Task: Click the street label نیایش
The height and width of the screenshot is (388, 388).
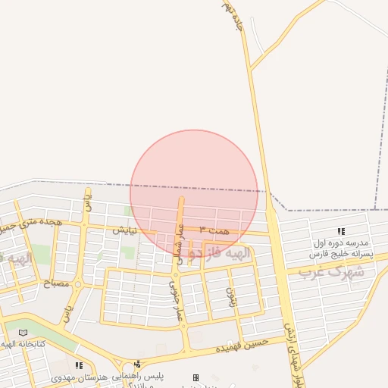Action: [126, 230]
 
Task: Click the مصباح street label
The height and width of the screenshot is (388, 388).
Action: [58, 283]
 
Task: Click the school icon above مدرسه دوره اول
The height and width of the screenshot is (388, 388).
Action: [341, 231]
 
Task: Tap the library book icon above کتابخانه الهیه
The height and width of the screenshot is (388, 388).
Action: [23, 333]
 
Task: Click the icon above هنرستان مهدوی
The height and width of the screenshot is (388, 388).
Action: [79, 365]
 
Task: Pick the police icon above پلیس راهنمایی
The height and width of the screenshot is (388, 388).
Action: [136, 365]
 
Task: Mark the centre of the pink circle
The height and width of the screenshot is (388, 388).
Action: [194, 192]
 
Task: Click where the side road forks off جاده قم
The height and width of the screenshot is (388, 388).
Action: [251, 70]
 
